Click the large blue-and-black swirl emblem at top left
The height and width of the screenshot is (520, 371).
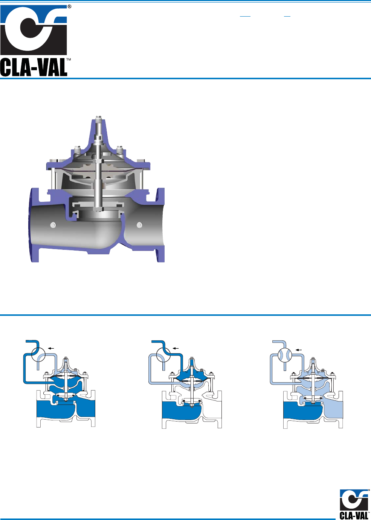34,30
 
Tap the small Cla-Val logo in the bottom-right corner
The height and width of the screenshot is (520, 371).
354,504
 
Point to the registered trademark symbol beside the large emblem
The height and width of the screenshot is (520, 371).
69,7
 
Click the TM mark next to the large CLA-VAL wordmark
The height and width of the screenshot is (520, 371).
69,60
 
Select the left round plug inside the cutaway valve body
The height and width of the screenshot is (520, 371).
53,225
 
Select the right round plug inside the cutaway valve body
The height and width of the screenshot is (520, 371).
139,225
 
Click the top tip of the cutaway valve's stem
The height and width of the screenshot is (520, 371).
99,116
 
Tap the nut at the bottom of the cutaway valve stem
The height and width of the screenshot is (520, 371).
98,209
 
